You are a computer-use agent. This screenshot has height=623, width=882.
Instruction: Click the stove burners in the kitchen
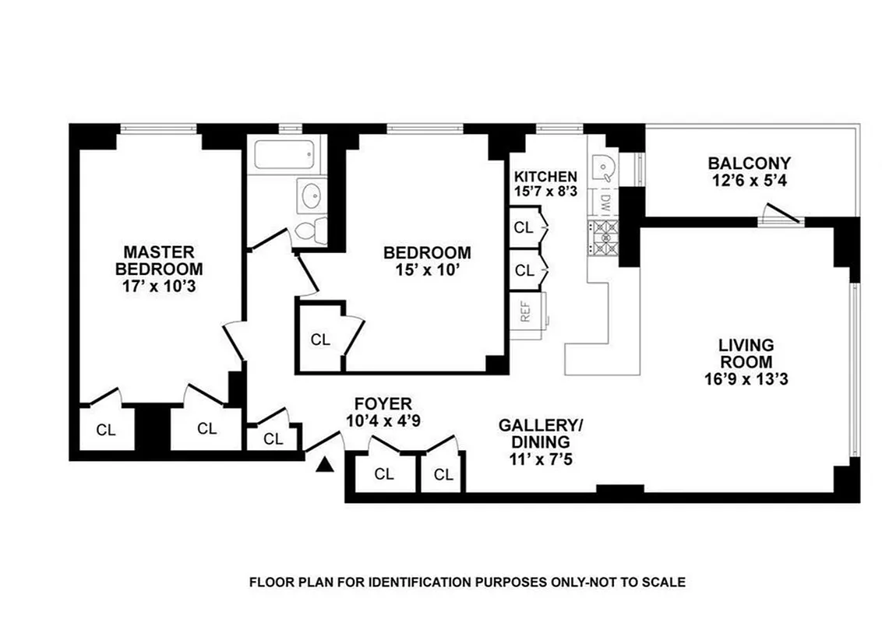pos(603,238)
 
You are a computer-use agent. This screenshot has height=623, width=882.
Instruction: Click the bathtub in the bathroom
pos(285,155)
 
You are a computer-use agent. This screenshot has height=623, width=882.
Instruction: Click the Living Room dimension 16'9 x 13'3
pos(746,380)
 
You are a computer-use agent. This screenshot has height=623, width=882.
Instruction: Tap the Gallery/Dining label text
pos(540,433)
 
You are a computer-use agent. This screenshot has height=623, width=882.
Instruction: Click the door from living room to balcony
pos(781,215)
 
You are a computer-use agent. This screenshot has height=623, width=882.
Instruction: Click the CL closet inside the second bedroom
pos(320,340)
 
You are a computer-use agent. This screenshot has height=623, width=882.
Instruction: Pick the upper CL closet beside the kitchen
pos(524,227)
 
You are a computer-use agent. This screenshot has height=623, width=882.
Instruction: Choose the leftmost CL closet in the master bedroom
pos(106,429)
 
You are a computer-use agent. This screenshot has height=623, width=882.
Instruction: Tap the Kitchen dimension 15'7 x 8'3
pos(545,192)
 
